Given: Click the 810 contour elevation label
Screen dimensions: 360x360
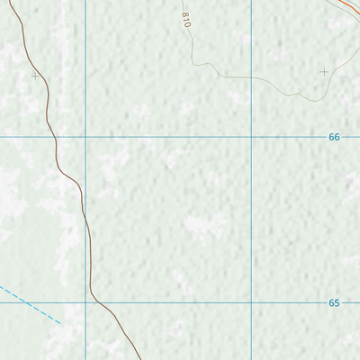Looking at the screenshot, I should [x=187, y=19].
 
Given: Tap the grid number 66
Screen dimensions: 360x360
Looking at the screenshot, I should [x=334, y=137].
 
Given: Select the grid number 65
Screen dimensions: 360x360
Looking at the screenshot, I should [x=334, y=303].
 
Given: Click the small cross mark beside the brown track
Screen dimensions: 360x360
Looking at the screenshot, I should [x=35, y=76].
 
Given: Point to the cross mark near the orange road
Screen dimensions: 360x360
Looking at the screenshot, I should [x=324, y=70].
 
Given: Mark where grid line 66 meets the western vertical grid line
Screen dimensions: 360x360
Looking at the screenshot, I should [x=85, y=137].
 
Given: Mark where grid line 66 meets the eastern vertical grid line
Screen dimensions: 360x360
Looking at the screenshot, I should [x=251, y=137].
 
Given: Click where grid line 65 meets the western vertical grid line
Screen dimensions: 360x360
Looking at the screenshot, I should [x=85, y=302].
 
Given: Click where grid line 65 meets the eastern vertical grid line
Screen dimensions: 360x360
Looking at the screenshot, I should [x=251, y=302].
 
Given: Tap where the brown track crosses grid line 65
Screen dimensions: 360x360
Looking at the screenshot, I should [x=102, y=302].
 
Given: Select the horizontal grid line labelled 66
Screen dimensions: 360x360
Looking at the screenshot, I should [x=180, y=137].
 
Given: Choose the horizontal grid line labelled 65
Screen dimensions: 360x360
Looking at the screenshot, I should [x=180, y=302].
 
